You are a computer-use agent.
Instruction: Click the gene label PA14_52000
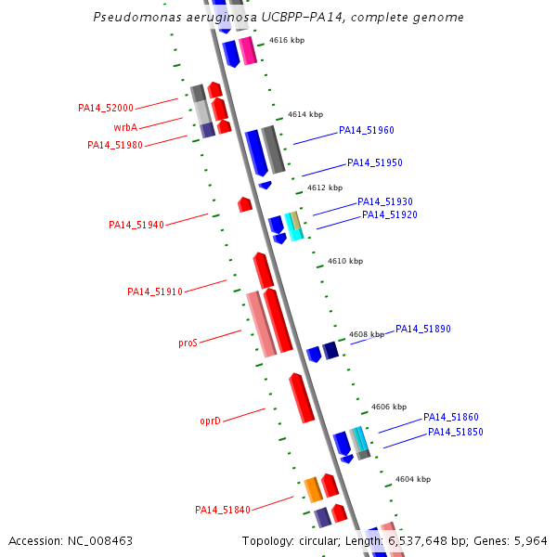pos(106,108)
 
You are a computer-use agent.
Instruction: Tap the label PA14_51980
pos(115,145)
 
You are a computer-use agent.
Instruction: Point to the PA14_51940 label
pos(136,225)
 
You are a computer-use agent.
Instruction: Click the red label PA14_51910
pos(155,291)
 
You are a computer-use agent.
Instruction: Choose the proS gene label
pos(188,343)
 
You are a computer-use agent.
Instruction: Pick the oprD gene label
pos(210,421)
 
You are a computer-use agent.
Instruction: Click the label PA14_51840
pos(223,510)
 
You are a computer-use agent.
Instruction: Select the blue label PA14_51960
pos(367,130)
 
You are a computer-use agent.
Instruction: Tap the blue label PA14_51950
pos(375,162)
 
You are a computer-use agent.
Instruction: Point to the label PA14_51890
pos(423,329)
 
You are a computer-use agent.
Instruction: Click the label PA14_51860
pos(451,417)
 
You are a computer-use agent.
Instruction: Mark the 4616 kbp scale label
pos(287,40)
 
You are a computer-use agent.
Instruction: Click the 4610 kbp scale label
pos(345,261)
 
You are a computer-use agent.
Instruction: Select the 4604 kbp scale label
pos(413,479)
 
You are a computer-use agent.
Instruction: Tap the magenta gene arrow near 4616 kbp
pos(247,50)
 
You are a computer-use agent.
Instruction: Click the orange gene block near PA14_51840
pos(314,488)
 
